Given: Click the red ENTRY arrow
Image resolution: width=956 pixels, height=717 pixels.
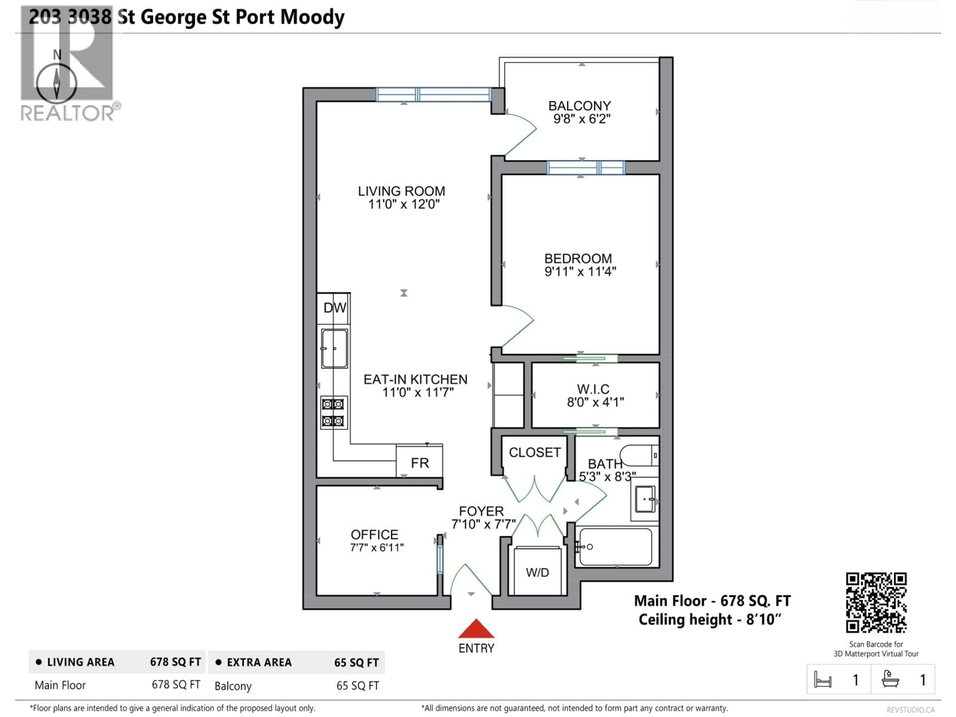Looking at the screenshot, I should [476, 629].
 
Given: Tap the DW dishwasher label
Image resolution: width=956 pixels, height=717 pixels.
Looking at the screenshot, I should [335, 308].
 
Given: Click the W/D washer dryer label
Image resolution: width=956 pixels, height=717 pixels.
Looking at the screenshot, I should [537, 573].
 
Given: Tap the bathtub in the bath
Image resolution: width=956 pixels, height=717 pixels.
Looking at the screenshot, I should [615, 547].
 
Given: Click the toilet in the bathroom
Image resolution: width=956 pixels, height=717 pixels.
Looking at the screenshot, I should [639, 455].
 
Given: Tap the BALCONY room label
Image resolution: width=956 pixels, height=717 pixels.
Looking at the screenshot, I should [580, 106].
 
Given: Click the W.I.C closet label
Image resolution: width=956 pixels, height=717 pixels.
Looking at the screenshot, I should [593, 389].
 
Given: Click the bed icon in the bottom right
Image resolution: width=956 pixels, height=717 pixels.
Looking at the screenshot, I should [823, 680].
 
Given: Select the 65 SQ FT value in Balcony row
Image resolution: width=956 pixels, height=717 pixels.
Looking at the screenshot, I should [358, 686].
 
